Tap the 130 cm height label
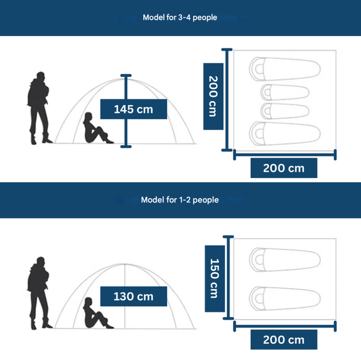(x=133, y=296)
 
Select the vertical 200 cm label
(x=213, y=96)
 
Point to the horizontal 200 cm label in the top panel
(x=284, y=168)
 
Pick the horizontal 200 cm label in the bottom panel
(x=284, y=340)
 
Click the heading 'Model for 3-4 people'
(x=180, y=18)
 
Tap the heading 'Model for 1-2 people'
(x=180, y=200)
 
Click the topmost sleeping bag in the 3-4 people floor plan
(x=284, y=67)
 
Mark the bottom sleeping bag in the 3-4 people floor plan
(x=284, y=132)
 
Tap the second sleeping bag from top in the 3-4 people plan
(x=284, y=92)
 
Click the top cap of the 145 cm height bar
(x=126, y=76)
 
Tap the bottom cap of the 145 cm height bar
(x=126, y=146)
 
